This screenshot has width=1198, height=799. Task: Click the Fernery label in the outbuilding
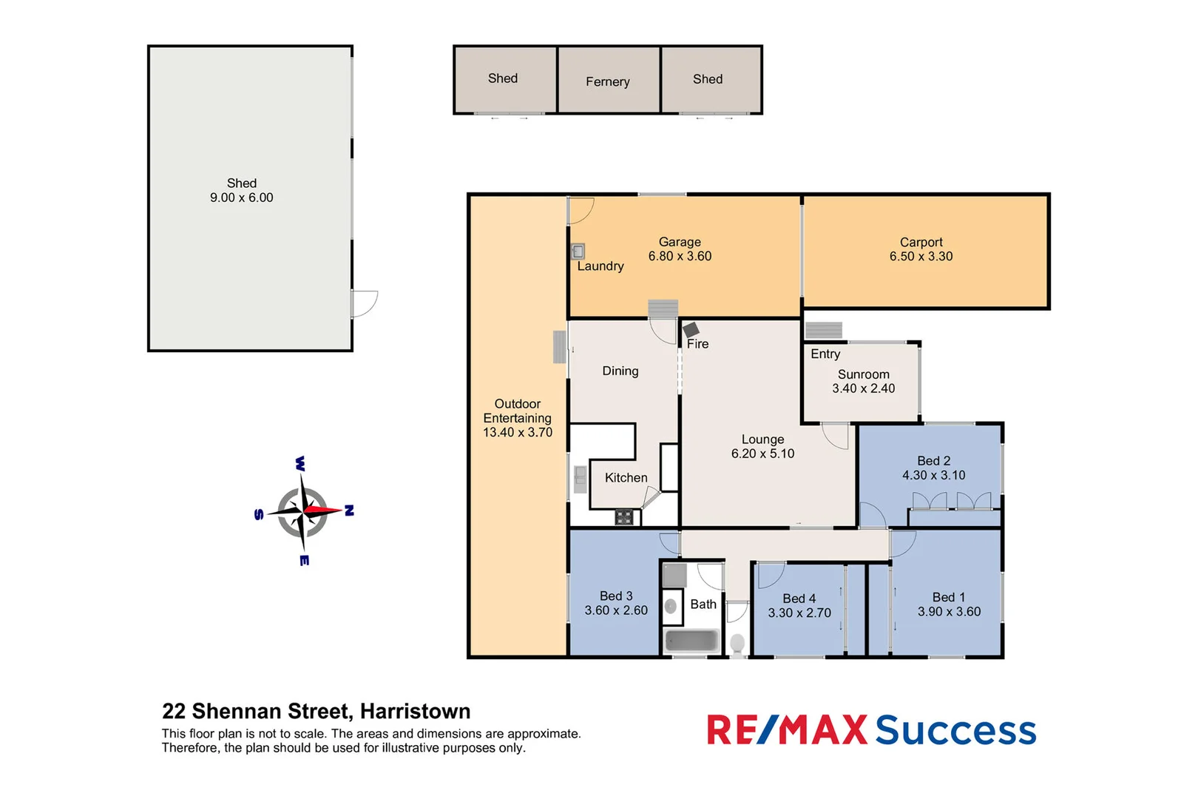pyautogui.click(x=607, y=81)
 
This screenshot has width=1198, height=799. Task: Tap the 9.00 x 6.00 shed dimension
pyautogui.click(x=241, y=198)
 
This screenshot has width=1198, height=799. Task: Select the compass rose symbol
pyautogui.click(x=303, y=510)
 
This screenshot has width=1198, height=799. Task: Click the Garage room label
pyautogui.click(x=680, y=242)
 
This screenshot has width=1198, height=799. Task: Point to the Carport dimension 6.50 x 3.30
pyautogui.click(x=921, y=257)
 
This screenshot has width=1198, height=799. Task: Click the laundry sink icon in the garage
pyautogui.click(x=578, y=252)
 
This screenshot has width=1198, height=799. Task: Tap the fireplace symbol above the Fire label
pyautogui.click(x=691, y=329)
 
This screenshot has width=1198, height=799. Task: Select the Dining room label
pyautogui.click(x=620, y=371)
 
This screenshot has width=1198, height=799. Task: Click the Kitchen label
pyautogui.click(x=626, y=478)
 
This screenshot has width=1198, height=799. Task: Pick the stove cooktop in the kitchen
pyautogui.click(x=624, y=517)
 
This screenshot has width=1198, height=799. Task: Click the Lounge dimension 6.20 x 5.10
pyautogui.click(x=762, y=454)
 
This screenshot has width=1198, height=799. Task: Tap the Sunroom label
pyautogui.click(x=863, y=374)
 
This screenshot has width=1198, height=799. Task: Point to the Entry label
pyautogui.click(x=825, y=354)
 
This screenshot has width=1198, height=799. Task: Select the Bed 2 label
pyautogui.click(x=933, y=461)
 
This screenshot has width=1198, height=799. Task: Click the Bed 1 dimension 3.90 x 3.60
pyautogui.click(x=949, y=612)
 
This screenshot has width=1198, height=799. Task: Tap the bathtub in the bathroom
pyautogui.click(x=691, y=641)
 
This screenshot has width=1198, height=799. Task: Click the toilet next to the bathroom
pyautogui.click(x=737, y=644)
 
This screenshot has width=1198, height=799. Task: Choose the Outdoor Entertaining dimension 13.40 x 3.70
pyautogui.click(x=518, y=432)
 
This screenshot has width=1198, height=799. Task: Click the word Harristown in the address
pyautogui.click(x=415, y=711)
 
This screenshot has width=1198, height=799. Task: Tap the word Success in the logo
pyautogui.click(x=955, y=730)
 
